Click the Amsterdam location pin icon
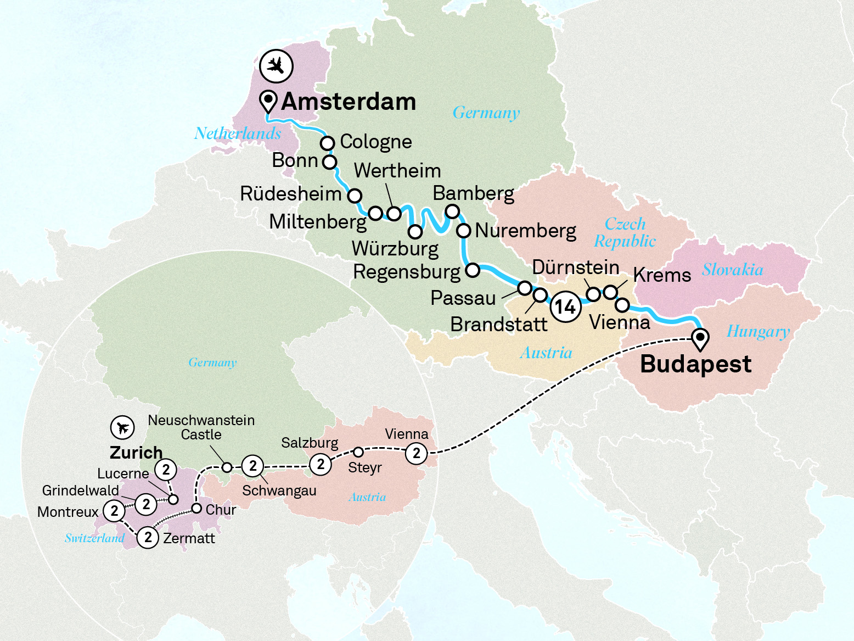268,101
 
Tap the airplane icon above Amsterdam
276,66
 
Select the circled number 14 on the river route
565,306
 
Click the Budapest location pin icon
700,338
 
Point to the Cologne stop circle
327,143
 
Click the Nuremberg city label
525,231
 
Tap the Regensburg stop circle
473,270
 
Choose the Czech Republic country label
625,232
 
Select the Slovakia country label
732,270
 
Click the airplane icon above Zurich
122,427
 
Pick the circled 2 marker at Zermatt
148,537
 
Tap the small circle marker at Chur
196,508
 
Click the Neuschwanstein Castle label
201,427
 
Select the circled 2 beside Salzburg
321,464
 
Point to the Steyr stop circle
358,452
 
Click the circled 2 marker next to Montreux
114,511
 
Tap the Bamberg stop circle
452,211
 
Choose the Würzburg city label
395,249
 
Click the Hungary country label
758,332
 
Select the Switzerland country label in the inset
94,538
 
